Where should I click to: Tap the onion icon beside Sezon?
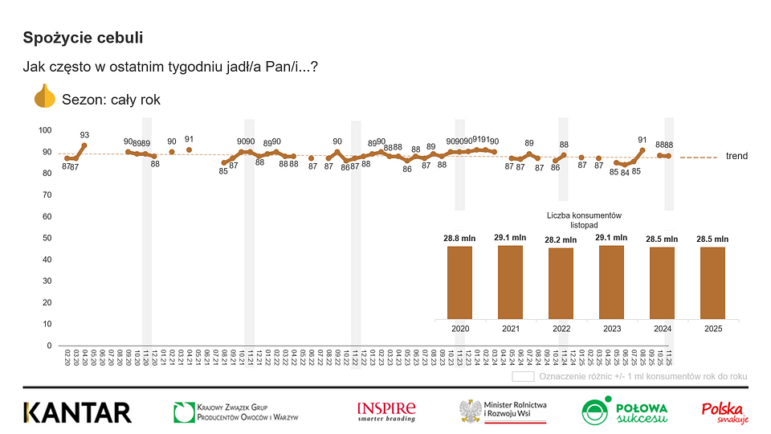click(44, 98)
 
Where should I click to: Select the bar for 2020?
click(459, 282)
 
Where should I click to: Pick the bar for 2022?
click(561, 283)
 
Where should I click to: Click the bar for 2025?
click(712, 283)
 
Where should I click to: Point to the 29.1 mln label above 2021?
click(510, 238)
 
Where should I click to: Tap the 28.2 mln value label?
click(561, 238)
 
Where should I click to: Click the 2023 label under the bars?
click(611, 329)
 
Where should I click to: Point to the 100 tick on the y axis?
click(45, 130)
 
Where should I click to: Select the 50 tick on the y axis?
click(47, 238)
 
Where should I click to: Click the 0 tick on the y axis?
click(50, 346)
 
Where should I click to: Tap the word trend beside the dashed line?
click(737, 156)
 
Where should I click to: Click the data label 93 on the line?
click(84, 135)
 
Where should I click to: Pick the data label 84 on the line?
click(625, 173)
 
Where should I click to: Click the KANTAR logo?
click(77, 412)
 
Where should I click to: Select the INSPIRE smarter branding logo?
click(386, 411)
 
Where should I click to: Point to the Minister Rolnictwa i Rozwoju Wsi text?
click(515, 409)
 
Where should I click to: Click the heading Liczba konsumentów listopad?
click(585, 220)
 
